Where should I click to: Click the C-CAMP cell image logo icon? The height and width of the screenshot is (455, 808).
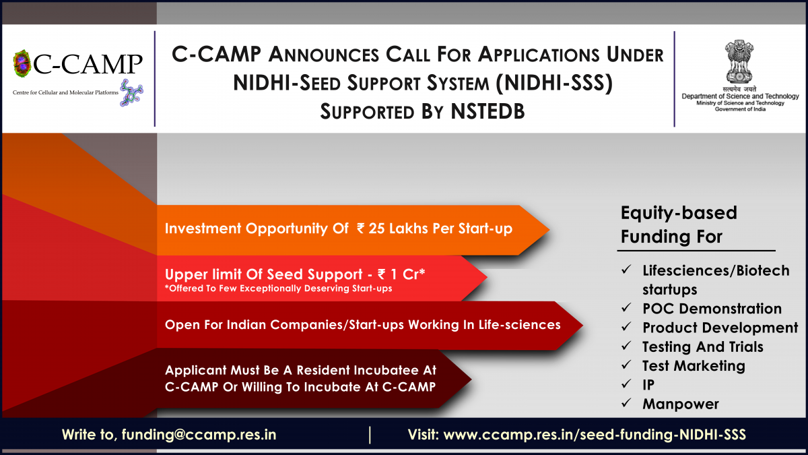tap(22, 63)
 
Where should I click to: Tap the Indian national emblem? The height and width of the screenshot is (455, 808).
tap(739, 62)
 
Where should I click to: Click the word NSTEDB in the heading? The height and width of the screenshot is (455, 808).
tap(487, 111)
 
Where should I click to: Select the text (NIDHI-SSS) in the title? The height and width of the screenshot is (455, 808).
tap(554, 83)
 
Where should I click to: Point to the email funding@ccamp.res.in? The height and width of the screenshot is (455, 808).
tap(199, 434)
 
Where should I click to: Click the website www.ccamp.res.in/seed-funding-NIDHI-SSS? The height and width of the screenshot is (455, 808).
tap(595, 434)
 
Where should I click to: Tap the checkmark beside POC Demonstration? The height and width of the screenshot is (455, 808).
tap(626, 307)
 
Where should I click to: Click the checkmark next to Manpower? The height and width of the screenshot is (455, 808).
tap(626, 402)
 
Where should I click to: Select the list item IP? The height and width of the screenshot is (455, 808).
tap(648, 385)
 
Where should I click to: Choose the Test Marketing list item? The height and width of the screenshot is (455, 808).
tap(694, 366)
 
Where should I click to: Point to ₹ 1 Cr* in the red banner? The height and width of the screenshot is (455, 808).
tap(401, 274)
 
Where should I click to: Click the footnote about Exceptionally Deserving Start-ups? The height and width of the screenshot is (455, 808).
tap(279, 289)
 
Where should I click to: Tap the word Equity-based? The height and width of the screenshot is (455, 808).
tap(679, 213)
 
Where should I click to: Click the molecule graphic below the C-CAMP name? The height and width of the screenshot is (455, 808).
tap(131, 93)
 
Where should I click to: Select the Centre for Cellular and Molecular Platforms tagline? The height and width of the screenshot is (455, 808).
tap(65, 92)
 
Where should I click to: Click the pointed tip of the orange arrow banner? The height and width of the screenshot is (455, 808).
tap(549, 230)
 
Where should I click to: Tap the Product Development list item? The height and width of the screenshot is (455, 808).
tap(720, 328)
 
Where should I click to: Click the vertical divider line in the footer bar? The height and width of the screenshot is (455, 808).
tap(370, 435)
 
